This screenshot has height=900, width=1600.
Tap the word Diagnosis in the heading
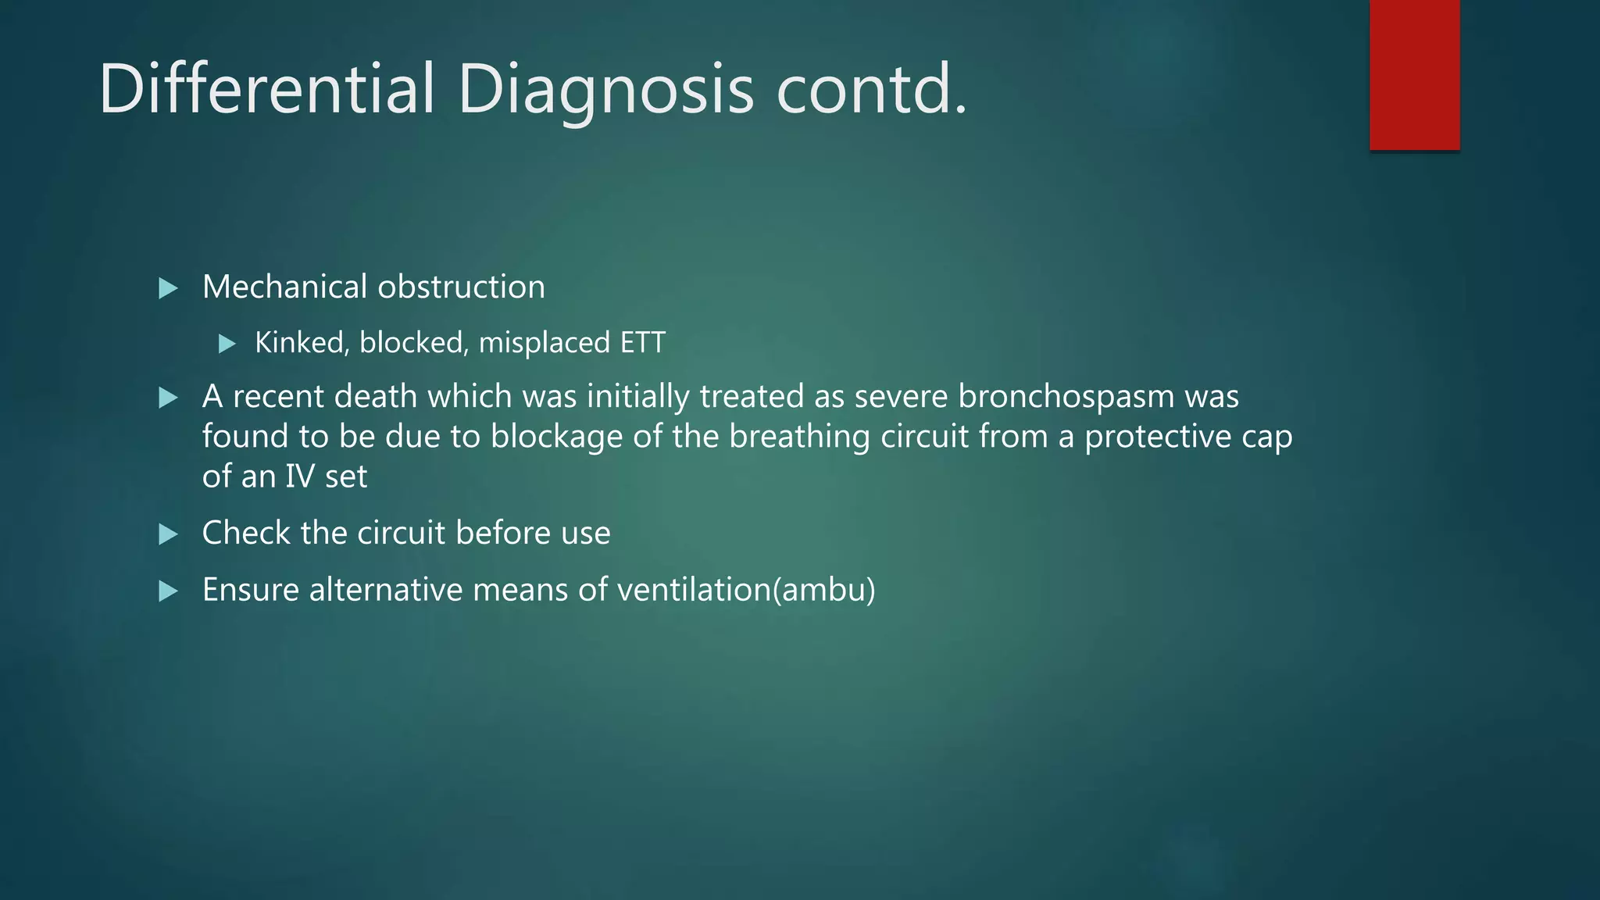[x=605, y=90]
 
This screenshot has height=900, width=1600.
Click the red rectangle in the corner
[x=1414, y=75]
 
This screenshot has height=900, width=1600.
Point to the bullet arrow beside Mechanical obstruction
[x=168, y=289]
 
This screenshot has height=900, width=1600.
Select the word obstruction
[x=461, y=287]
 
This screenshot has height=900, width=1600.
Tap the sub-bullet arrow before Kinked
[x=227, y=344]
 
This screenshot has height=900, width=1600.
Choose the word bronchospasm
[x=1066, y=397]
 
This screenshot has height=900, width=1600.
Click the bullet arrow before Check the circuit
[x=168, y=534]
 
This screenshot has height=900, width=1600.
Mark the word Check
[x=246, y=534]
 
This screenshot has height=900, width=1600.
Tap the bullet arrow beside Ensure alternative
[x=168, y=591]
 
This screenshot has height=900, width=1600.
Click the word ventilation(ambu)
[x=746, y=590]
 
